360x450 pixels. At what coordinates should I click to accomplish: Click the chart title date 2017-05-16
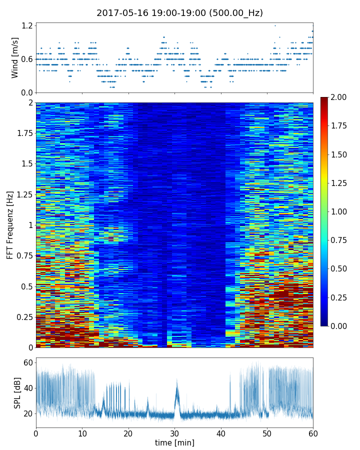pos(120,13)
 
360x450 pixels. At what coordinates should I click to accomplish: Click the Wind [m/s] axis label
pos(15,57)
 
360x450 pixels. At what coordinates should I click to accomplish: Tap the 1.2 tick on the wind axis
pos(27,25)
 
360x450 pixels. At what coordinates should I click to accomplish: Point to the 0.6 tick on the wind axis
pos(27,59)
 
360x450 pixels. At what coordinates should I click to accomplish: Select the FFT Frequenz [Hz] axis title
pos(10,224)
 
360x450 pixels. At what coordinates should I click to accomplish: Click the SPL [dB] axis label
pos(18,392)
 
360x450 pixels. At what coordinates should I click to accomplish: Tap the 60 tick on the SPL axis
pos(28,362)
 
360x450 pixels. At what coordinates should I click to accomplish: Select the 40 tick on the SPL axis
pos(28,388)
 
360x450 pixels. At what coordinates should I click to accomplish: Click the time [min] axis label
pos(174,443)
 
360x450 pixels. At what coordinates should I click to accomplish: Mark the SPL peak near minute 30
pos(176,381)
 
